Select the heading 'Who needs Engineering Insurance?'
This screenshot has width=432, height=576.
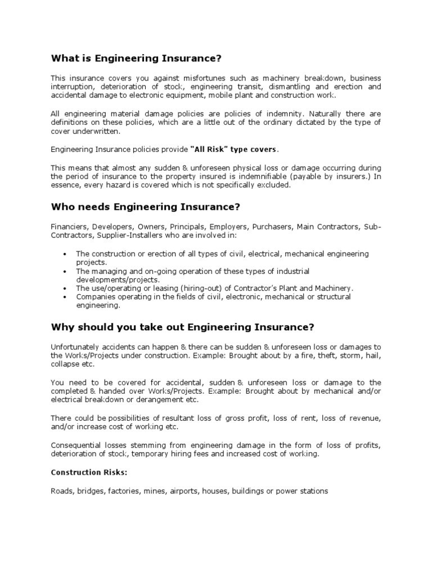coord(145,207)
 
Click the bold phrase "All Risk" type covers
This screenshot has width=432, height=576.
coord(233,149)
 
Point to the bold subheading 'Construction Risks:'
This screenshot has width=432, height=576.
coord(84,473)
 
